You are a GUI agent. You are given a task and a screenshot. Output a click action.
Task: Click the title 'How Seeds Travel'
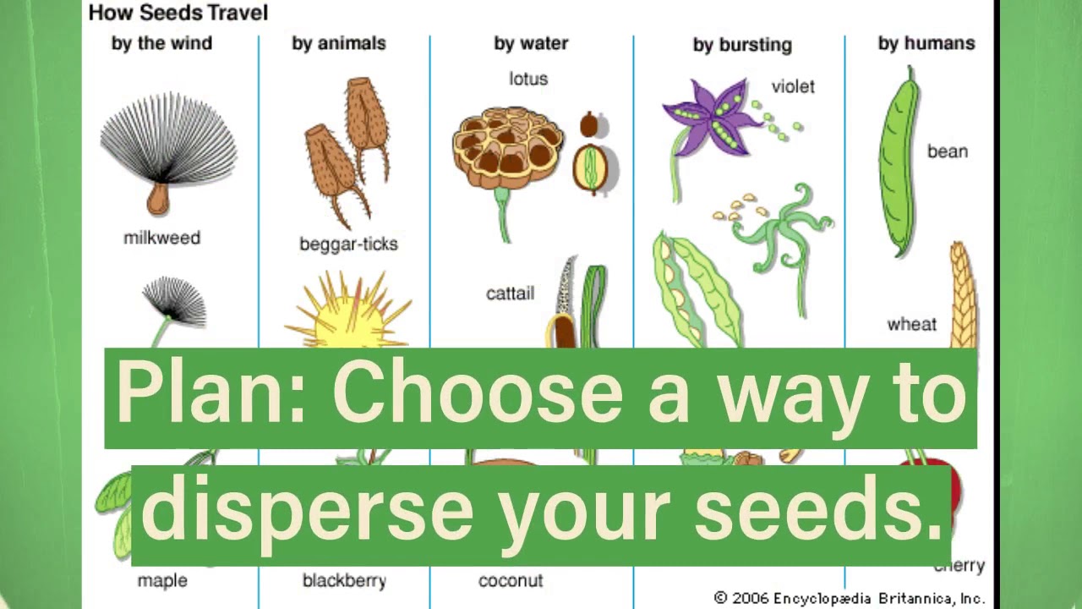click(178, 13)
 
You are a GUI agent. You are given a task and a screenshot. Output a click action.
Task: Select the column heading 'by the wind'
click(162, 43)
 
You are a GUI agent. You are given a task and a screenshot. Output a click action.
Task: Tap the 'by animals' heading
click(339, 43)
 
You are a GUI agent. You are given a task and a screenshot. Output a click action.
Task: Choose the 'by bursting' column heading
click(742, 44)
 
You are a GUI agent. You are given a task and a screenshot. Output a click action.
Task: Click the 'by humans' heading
click(926, 43)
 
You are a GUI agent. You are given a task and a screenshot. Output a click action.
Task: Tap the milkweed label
click(161, 238)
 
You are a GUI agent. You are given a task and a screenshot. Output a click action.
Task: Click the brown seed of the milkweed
click(157, 200)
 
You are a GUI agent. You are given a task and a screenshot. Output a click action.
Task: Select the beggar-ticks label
click(348, 244)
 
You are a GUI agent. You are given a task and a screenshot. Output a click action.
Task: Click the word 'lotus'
click(528, 79)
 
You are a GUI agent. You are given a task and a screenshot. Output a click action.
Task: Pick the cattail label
click(510, 294)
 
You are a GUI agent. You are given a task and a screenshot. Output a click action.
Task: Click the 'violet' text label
click(793, 86)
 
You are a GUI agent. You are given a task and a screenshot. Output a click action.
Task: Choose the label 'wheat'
click(912, 324)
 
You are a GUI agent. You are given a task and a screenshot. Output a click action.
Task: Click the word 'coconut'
click(511, 581)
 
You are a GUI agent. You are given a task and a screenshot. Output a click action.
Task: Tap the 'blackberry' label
click(344, 581)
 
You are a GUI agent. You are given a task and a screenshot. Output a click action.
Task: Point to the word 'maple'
click(162, 581)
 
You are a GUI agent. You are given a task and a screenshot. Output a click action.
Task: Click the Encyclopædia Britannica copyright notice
click(849, 598)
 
